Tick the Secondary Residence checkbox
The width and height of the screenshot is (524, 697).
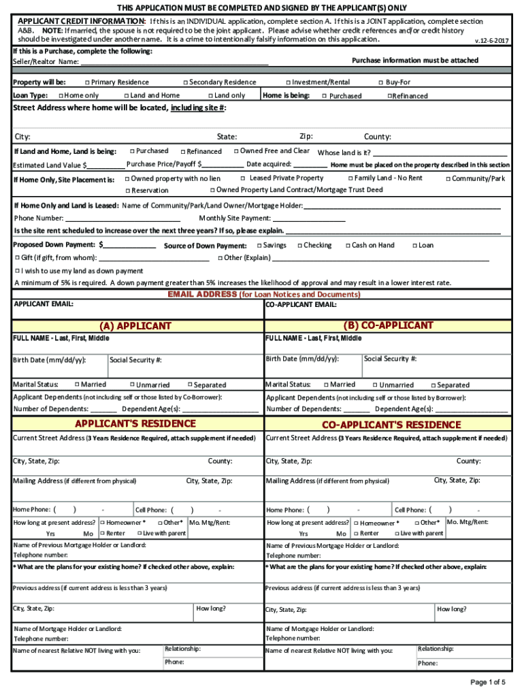coord(185,82)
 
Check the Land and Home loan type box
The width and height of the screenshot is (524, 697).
coord(126,96)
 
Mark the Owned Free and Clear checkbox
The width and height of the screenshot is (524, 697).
coord(235,151)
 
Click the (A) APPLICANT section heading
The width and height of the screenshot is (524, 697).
coord(135,326)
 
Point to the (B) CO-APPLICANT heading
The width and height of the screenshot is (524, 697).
coord(388,325)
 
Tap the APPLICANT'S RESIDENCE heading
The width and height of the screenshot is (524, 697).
coord(135,424)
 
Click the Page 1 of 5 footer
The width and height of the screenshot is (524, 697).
coord(487,682)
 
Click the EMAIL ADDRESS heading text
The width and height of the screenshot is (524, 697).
coord(202,295)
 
